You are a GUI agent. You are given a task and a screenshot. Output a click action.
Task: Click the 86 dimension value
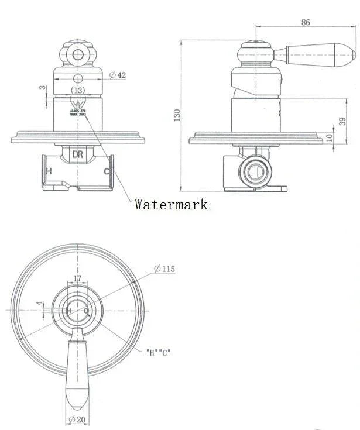pos(306,22)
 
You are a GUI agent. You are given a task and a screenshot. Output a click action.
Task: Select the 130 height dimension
pos(177,115)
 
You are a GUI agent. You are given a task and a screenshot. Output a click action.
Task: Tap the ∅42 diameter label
pos(118,74)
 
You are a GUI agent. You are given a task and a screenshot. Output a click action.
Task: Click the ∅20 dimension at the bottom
pos(77,419)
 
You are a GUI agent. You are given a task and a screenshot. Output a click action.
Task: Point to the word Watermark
pos(170,204)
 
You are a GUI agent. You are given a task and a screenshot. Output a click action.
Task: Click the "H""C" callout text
pos(158,353)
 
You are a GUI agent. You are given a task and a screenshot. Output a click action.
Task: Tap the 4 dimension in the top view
pos(39,304)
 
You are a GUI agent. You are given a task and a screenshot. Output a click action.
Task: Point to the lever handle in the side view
pos(319,54)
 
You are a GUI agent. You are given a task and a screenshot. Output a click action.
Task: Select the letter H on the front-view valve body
pos(49,171)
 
